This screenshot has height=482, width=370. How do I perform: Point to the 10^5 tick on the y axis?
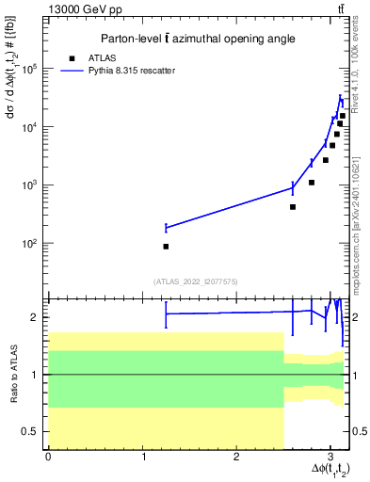pyautogui.click(x=31, y=69)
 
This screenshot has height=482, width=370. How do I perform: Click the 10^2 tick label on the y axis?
pyautogui.click(x=31, y=243)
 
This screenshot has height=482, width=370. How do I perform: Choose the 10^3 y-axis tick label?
pyautogui.click(x=31, y=185)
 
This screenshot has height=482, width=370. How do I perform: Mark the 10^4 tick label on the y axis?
pyautogui.click(x=31, y=127)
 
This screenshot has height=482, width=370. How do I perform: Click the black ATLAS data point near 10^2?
pyautogui.click(x=166, y=247)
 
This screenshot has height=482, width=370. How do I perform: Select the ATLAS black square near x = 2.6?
pyautogui.click(x=293, y=207)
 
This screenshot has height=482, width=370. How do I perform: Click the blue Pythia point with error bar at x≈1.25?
pyautogui.click(x=166, y=228)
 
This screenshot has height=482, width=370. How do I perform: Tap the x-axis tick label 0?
pyautogui.click(x=48, y=456)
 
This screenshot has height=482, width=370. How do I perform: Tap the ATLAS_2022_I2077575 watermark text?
pyautogui.click(x=195, y=280)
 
